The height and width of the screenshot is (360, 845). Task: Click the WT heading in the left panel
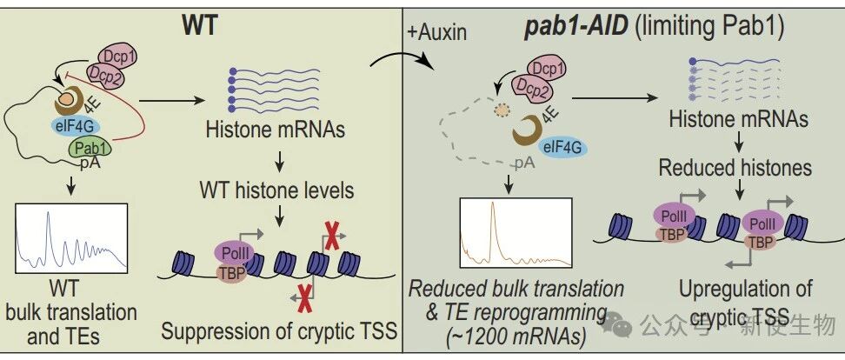click(x=199, y=25)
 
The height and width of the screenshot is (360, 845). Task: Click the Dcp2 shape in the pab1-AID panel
click(x=529, y=85)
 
